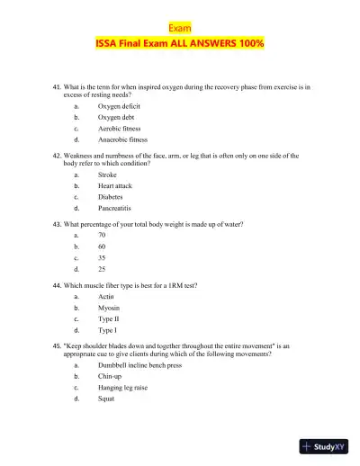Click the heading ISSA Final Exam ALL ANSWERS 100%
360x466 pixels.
180,43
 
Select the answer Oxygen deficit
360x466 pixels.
119,105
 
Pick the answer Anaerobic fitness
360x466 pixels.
123,139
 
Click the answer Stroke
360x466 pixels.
109,174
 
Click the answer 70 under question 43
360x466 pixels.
103,234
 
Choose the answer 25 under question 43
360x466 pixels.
103,268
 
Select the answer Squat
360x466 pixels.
107,399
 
